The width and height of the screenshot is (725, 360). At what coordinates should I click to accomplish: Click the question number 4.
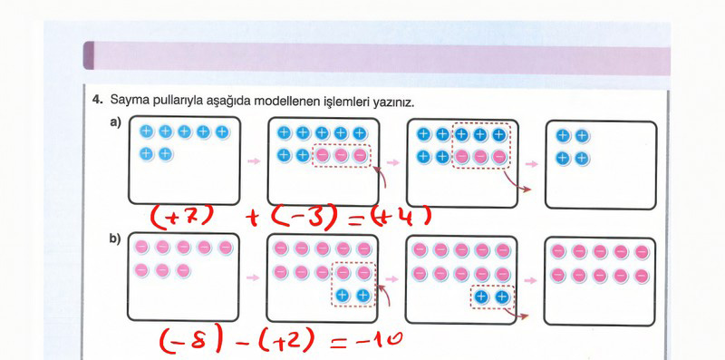pos(97,99)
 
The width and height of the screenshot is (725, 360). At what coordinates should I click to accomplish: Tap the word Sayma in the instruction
pos(125,100)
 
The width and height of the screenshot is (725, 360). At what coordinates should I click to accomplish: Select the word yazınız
pos(395,102)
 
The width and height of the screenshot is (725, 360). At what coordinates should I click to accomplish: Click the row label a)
pos(115,122)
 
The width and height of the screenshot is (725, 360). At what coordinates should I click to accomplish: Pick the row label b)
pos(115,238)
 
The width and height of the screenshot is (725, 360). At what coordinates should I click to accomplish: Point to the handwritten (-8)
pos(191,341)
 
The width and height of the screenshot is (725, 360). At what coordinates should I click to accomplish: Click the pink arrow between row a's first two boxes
pos(254,161)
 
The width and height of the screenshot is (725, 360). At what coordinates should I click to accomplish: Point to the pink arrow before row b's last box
pos(531,280)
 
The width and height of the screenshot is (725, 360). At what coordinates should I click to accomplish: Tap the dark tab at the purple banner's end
pos(88,55)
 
